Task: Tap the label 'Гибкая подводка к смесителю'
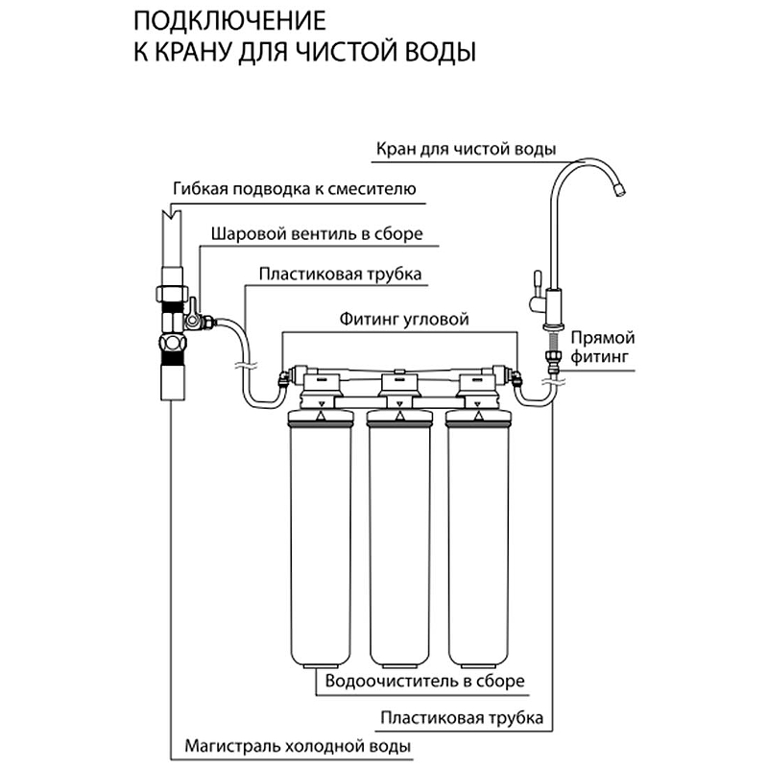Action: [x=298, y=188]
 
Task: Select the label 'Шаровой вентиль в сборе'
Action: [x=316, y=233]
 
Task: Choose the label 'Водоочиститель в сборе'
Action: [x=425, y=682]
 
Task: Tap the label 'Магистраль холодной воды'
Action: [x=299, y=745]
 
